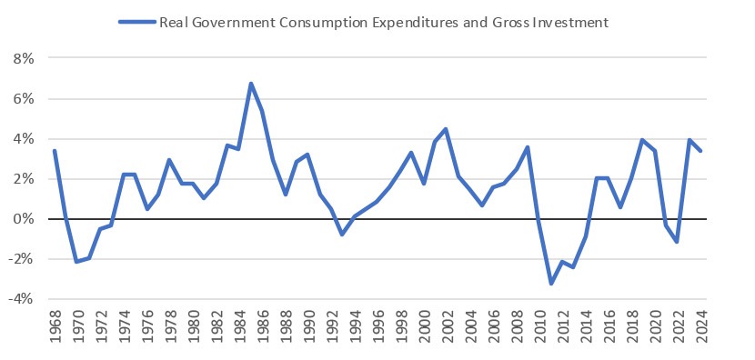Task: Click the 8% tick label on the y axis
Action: pyautogui.click(x=21, y=58)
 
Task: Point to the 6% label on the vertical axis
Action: pyautogui.click(x=21, y=98)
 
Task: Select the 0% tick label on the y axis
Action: pyautogui.click(x=21, y=219)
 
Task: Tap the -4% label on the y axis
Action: pyautogui.click(x=18, y=299)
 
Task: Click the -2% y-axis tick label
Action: pyautogui.click(x=18, y=259)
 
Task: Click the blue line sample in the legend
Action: pyautogui.click(x=136, y=21)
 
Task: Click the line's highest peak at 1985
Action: pyautogui.click(x=251, y=84)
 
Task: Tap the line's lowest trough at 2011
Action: pyautogui.click(x=551, y=284)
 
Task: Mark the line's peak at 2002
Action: pyautogui.click(x=447, y=129)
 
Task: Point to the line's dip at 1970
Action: pyautogui.click(x=77, y=262)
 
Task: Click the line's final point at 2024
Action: pyautogui.click(x=700, y=151)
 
